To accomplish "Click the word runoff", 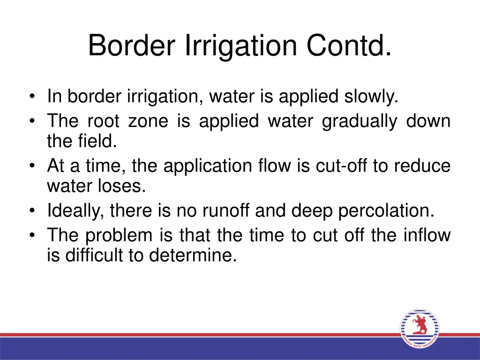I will point(227,211).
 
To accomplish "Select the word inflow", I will point(427,235).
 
